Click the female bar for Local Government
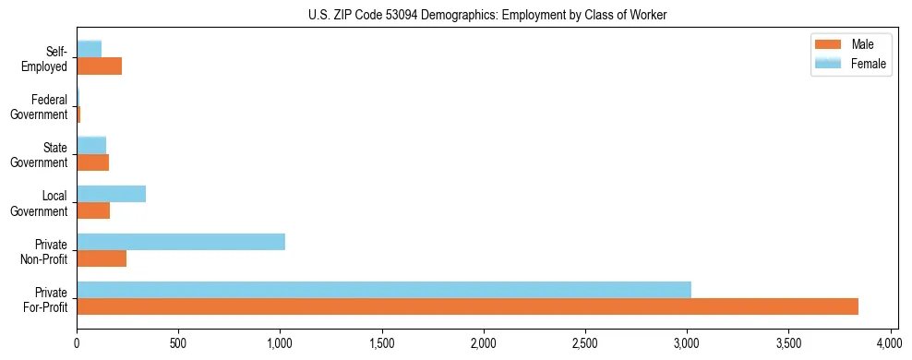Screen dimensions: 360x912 pos(111,194)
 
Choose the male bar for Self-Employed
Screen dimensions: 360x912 pos(99,66)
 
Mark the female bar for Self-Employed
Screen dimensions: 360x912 pos(89,50)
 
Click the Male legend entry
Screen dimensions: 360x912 pos(850,44)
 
